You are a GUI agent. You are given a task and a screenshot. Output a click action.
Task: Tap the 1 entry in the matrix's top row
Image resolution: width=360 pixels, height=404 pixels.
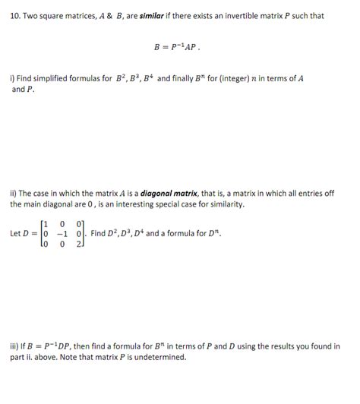tap(45, 223)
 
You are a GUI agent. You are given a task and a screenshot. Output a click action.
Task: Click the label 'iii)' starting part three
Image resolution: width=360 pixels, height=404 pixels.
tap(14, 346)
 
